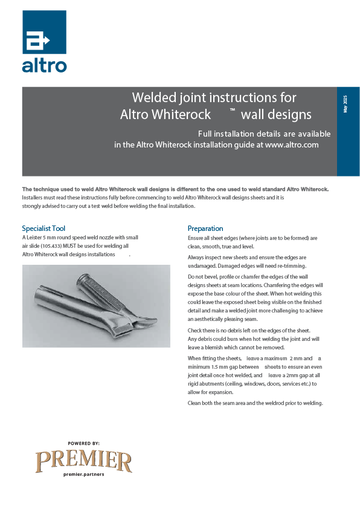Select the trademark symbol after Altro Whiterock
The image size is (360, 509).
pos(232,111)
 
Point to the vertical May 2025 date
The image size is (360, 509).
pos(346,103)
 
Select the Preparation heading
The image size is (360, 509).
pos(205,229)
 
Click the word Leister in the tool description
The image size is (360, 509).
pos(37,238)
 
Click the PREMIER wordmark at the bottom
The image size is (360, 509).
pos(83,462)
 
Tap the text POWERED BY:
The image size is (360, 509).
pos(83,443)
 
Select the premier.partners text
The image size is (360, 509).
pos(83,475)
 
